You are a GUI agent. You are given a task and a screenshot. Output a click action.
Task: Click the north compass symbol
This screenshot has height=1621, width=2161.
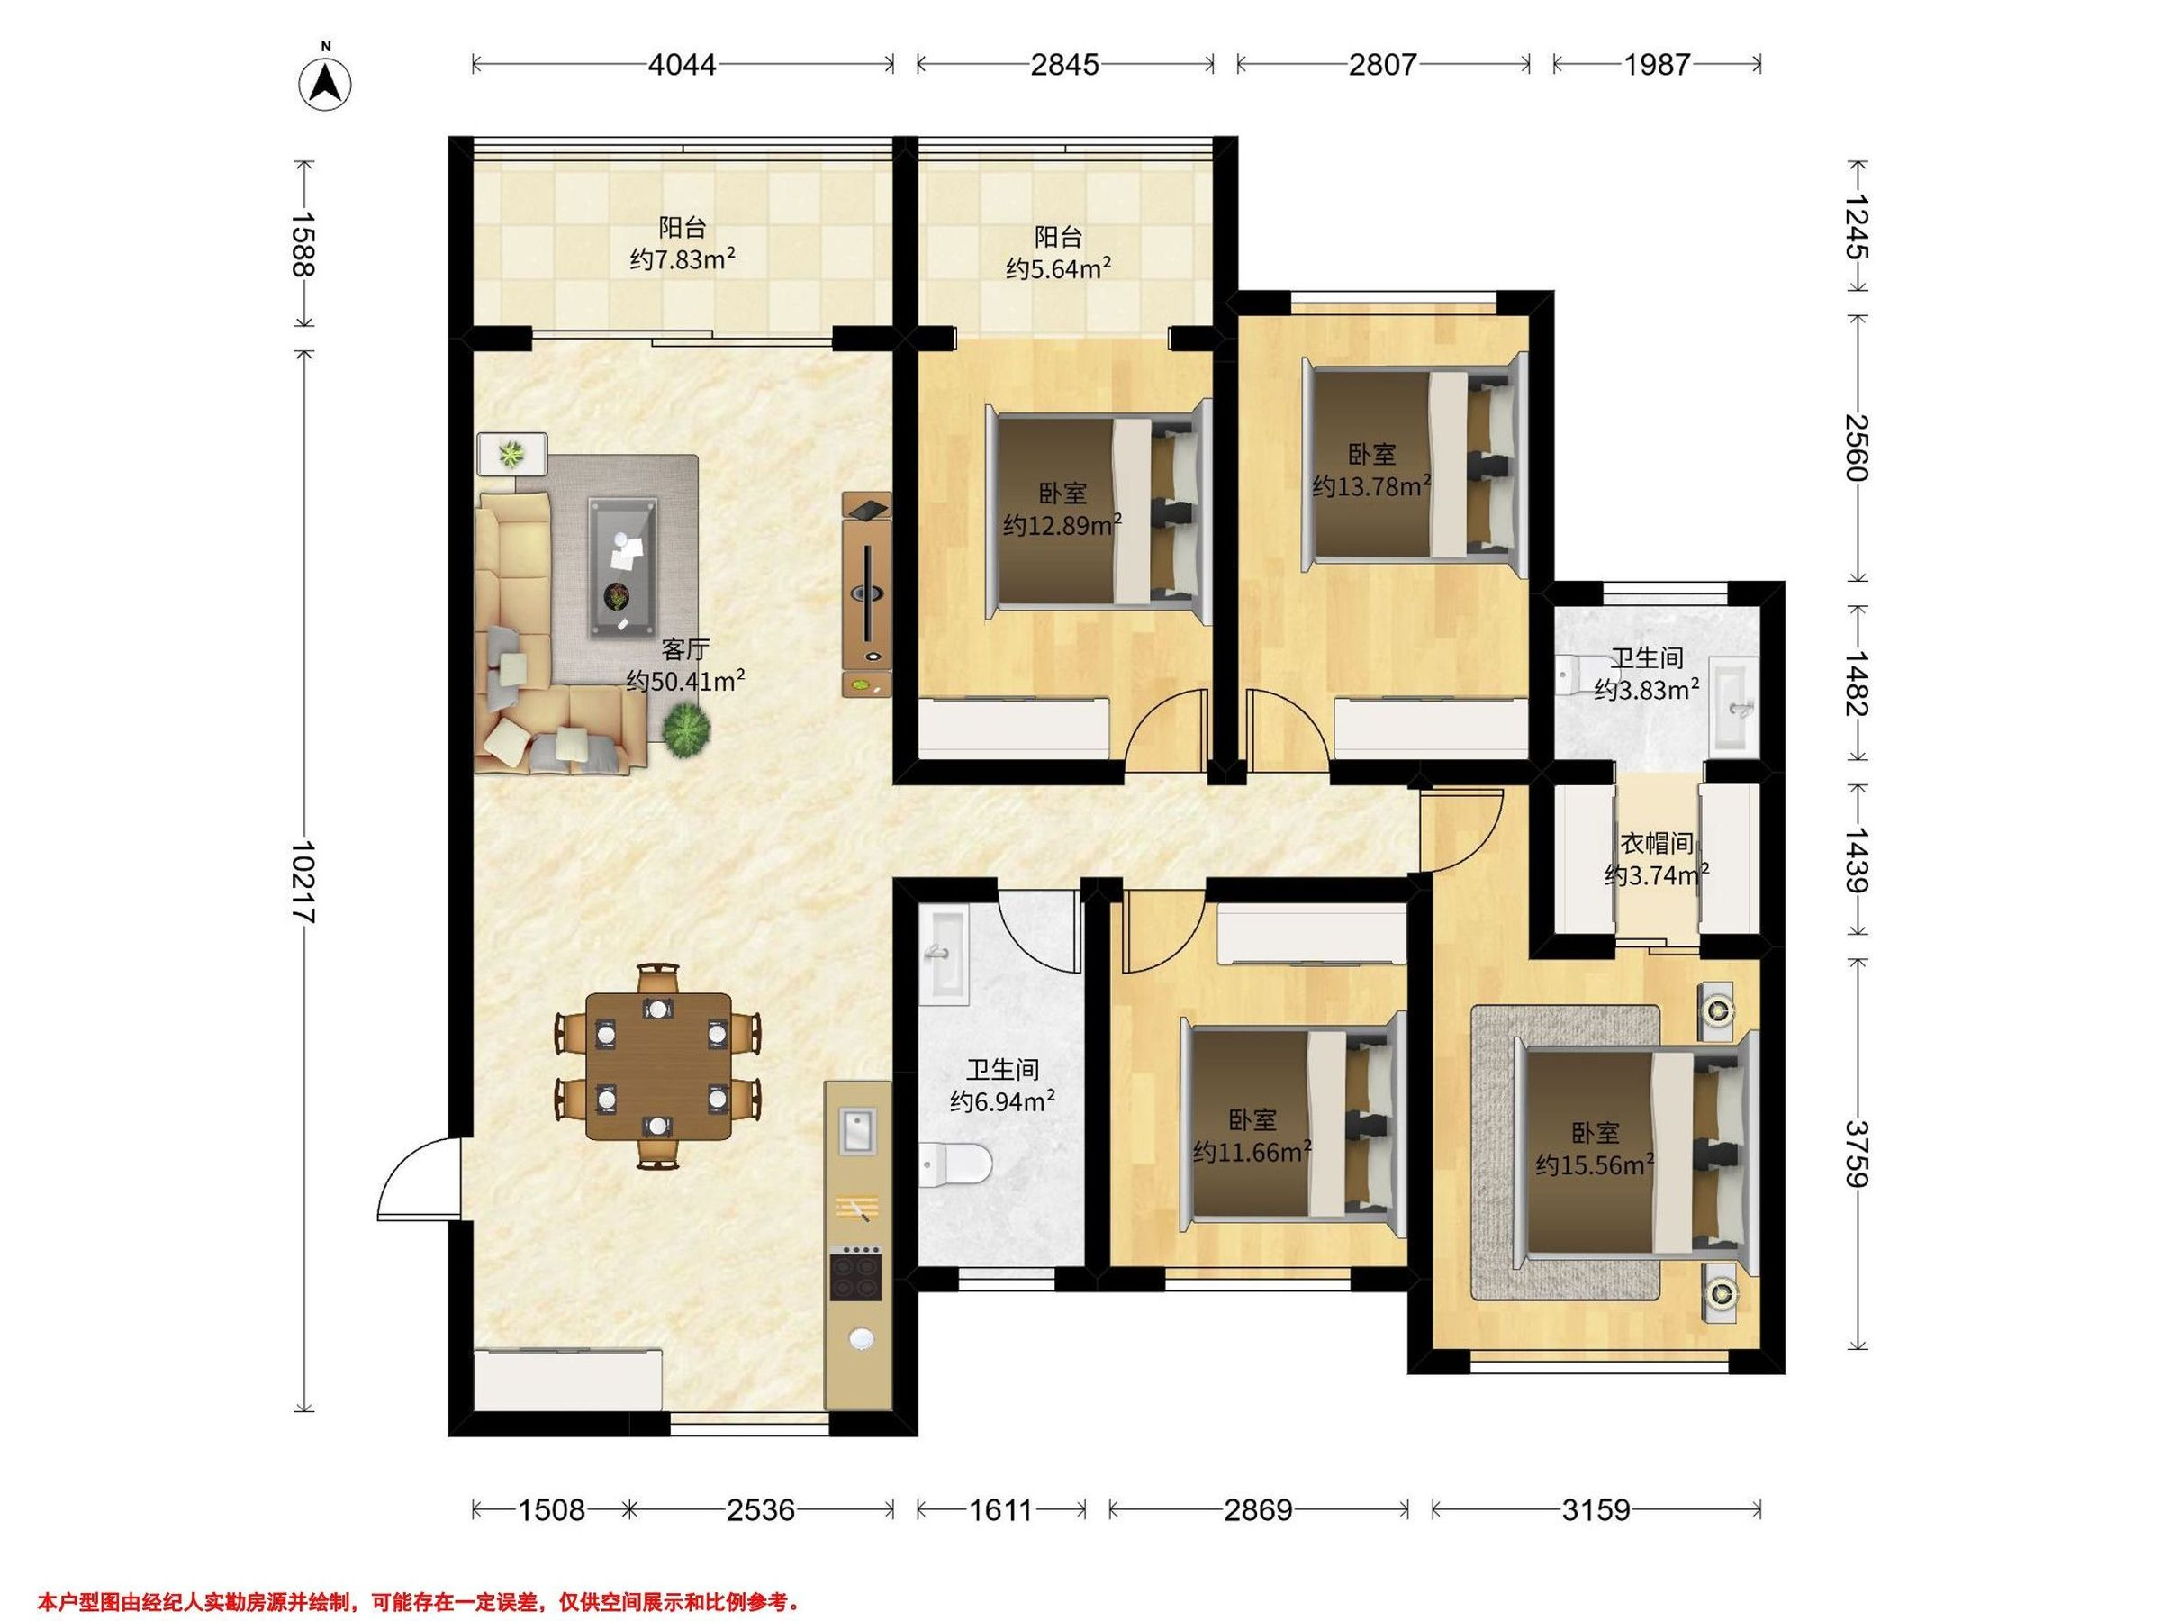click(x=324, y=82)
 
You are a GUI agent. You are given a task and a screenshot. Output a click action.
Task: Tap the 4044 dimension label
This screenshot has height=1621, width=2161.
click(x=683, y=65)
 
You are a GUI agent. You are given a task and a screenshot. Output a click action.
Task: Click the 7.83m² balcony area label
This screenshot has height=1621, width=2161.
click(x=682, y=259)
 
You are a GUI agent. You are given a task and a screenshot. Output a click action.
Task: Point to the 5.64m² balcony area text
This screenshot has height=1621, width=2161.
click(x=1059, y=267)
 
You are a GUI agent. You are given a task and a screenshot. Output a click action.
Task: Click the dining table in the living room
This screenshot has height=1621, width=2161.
click(x=658, y=1066)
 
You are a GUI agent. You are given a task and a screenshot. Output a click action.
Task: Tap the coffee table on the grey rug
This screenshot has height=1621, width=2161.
click(x=622, y=567)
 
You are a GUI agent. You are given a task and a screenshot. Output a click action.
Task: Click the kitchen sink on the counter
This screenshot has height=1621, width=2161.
click(x=858, y=1131)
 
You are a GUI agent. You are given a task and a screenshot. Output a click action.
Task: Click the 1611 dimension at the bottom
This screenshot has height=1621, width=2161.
click(x=1000, y=1510)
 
